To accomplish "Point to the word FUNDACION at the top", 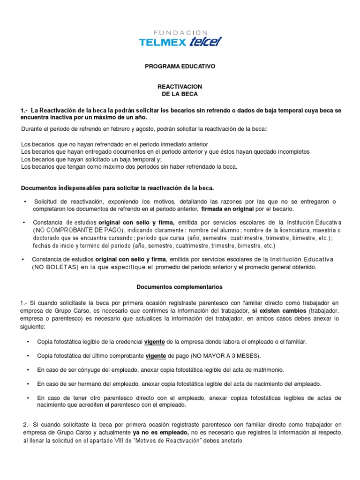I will (x=180, y=32).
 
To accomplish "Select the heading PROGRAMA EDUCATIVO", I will (x=180, y=67).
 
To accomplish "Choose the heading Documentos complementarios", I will (x=180, y=286).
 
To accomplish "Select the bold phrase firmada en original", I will (x=227, y=209).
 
